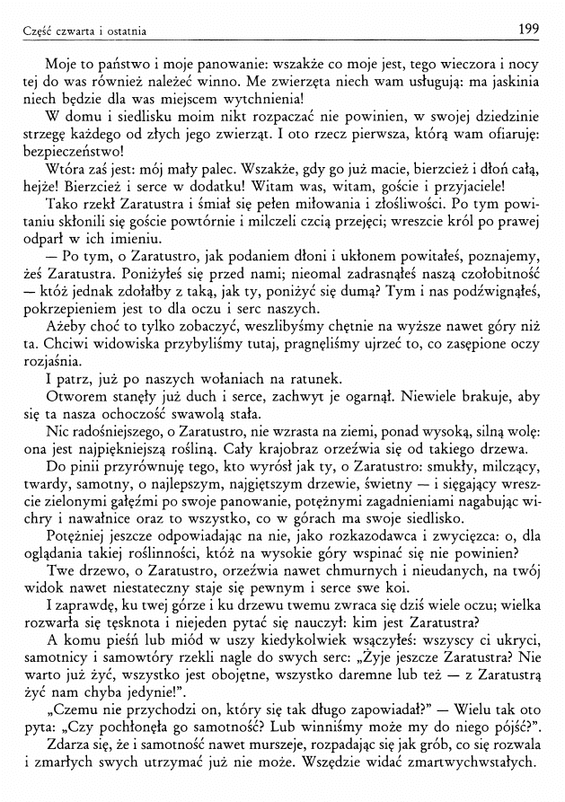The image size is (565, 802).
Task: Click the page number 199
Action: click(x=528, y=31)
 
